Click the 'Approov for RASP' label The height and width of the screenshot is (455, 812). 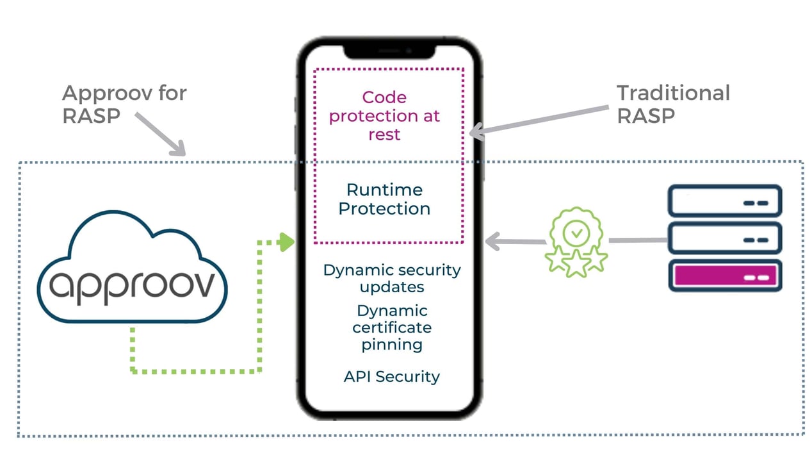pos(124,104)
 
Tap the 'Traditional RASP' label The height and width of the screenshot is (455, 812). pos(672,104)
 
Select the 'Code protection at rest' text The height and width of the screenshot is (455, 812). pos(384,115)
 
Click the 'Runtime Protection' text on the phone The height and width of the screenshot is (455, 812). pos(384,199)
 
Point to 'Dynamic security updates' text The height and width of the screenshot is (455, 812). pos(391,278)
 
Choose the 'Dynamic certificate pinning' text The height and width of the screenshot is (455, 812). pos(392,327)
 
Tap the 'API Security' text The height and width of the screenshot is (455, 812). pos(391,376)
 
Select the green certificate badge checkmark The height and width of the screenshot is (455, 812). pos(577,234)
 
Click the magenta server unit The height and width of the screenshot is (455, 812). pos(725,276)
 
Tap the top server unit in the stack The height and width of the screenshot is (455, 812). pos(725,201)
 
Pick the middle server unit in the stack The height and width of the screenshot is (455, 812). pos(725,239)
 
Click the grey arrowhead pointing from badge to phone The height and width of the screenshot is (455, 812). pos(492,242)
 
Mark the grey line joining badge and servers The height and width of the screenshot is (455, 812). pos(637,240)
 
